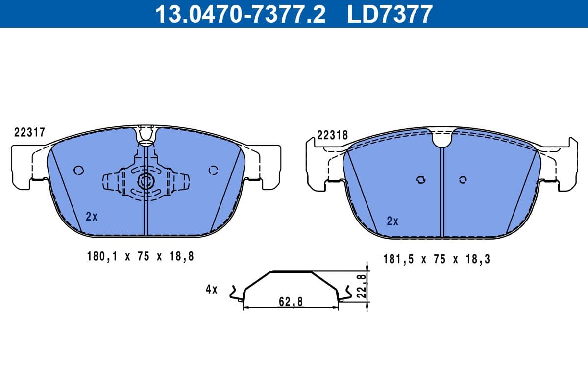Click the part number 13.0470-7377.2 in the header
point(240,14)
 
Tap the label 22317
point(29,132)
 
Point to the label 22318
point(332,136)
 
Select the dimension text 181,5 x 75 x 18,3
point(436,259)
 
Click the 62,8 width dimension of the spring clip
point(291,302)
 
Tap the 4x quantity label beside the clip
point(211,289)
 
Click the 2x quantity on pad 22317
point(92,216)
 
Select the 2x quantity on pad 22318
point(392,221)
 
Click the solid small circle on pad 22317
point(78,171)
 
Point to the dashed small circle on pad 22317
point(213,171)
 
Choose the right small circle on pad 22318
point(463,180)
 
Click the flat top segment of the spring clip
point(291,271)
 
